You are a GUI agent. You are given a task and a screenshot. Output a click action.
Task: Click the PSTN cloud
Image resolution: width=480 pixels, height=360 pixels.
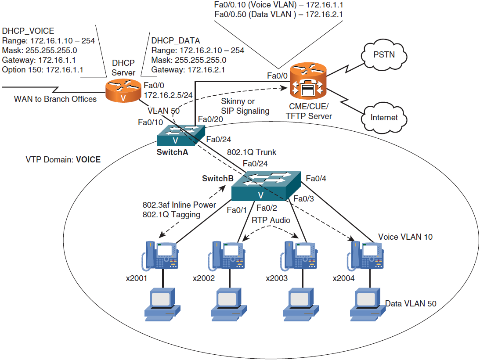(383, 56)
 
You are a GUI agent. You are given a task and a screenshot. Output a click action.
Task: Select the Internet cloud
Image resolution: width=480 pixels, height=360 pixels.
(384, 117)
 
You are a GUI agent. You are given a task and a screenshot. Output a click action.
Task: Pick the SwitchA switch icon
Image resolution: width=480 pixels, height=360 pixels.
(181, 135)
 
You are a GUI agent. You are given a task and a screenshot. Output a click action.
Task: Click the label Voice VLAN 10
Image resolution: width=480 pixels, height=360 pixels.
(405, 237)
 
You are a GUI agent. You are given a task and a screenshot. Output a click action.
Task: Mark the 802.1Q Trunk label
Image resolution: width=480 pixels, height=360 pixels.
(252, 152)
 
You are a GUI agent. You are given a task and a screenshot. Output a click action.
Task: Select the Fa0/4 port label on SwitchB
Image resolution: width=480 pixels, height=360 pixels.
(316, 178)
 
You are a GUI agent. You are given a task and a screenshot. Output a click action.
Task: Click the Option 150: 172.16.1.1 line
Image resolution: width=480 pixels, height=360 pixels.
(43, 69)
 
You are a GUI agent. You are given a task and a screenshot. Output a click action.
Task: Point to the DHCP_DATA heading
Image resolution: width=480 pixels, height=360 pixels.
(175, 40)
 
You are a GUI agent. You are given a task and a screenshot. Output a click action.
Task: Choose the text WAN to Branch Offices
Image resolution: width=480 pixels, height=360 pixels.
(55, 99)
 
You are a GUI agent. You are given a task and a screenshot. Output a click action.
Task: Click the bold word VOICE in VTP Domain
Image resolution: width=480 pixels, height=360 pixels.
(88, 160)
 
